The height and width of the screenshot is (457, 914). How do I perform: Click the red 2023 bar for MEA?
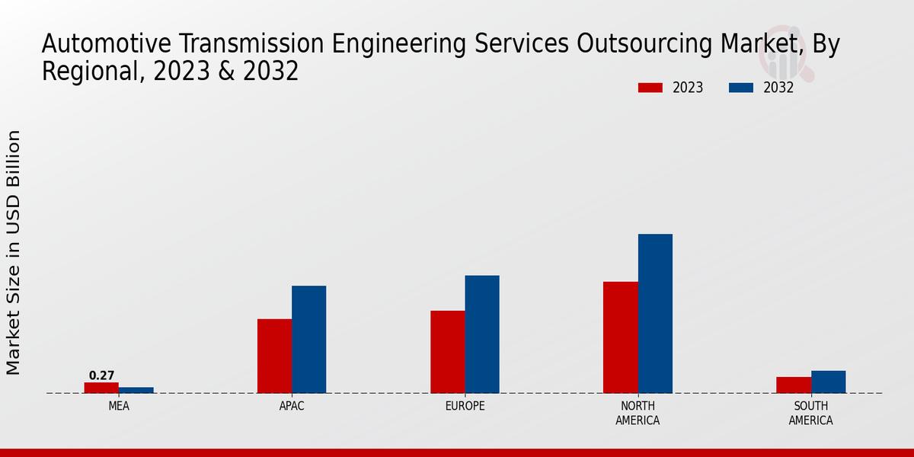(x=101, y=388)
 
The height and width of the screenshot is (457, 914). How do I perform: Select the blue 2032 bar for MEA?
(x=136, y=390)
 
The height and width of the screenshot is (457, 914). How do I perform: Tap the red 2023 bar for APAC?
(x=274, y=356)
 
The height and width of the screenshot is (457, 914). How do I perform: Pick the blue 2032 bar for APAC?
(x=309, y=339)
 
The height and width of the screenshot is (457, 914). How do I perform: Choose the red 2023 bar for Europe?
(x=448, y=352)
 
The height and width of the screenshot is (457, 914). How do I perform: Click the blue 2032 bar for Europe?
(x=482, y=334)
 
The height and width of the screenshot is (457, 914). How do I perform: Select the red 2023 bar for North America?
(x=621, y=337)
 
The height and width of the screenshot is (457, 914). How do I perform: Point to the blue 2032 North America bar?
(x=655, y=313)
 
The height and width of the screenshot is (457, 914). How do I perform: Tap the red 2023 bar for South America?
(x=794, y=385)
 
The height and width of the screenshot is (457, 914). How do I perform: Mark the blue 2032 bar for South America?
(x=828, y=382)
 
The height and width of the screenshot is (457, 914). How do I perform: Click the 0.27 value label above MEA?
(x=101, y=376)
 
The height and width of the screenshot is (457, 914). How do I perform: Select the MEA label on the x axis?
(x=119, y=406)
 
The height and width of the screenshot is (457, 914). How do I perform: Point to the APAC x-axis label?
(x=292, y=406)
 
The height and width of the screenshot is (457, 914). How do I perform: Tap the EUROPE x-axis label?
(x=465, y=406)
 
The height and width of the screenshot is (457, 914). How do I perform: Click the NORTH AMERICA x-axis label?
(x=638, y=413)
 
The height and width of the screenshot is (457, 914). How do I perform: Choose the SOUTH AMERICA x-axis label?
(x=810, y=413)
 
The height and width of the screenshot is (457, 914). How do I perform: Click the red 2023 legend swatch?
(x=650, y=88)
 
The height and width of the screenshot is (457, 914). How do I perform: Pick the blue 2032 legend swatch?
(x=741, y=88)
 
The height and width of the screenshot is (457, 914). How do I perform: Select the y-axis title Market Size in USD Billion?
(x=14, y=252)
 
